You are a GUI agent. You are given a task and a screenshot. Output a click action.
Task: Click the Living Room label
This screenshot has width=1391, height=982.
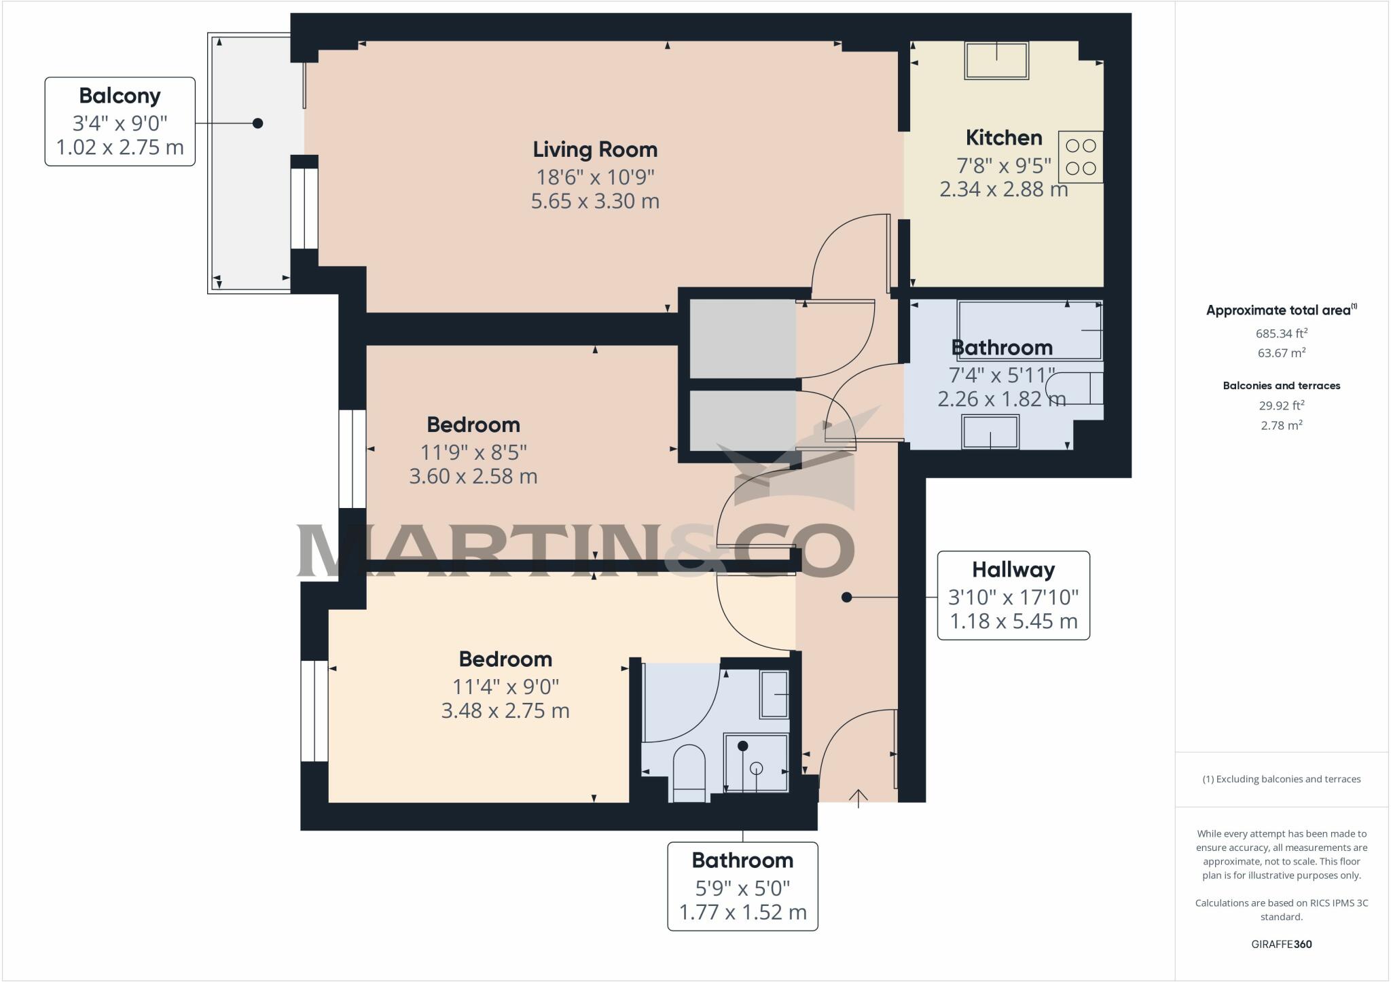(595, 149)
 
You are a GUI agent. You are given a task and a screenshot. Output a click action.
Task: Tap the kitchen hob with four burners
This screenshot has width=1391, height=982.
(1080, 157)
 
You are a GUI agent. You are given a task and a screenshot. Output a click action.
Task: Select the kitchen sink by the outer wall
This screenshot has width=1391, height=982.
(996, 60)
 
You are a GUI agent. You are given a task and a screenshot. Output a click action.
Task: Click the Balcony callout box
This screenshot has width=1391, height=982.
(120, 122)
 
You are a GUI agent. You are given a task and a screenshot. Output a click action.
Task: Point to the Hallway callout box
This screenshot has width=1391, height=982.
(1013, 596)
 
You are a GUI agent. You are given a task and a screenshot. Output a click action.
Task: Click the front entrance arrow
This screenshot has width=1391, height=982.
(859, 797)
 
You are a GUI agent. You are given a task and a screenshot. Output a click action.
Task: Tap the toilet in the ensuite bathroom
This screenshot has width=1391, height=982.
(689, 774)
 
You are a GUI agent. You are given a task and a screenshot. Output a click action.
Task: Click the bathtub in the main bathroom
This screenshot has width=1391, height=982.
(1029, 330)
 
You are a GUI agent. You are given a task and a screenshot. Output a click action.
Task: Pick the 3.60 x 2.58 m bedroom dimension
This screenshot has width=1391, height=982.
(473, 476)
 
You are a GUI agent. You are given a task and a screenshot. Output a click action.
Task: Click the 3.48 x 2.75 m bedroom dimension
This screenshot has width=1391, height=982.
(505, 711)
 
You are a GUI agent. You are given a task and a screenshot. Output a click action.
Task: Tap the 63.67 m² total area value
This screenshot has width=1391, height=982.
(1281, 352)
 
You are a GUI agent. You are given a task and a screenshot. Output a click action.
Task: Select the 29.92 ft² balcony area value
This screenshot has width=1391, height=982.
(1281, 405)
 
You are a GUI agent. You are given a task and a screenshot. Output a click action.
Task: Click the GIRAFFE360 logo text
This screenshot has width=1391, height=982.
(1281, 944)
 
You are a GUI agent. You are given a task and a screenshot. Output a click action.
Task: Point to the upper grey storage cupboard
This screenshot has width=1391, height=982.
(742, 338)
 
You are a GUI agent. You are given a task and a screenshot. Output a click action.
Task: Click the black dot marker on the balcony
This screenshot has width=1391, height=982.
(257, 123)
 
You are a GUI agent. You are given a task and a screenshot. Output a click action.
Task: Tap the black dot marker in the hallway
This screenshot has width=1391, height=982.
(846, 597)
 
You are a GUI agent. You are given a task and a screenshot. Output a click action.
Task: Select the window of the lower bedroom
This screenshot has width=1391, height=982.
(314, 710)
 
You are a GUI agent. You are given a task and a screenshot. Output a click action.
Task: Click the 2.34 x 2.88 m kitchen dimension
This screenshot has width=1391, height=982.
(1003, 189)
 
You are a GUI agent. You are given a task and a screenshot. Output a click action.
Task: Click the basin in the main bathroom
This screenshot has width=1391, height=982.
(990, 432)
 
